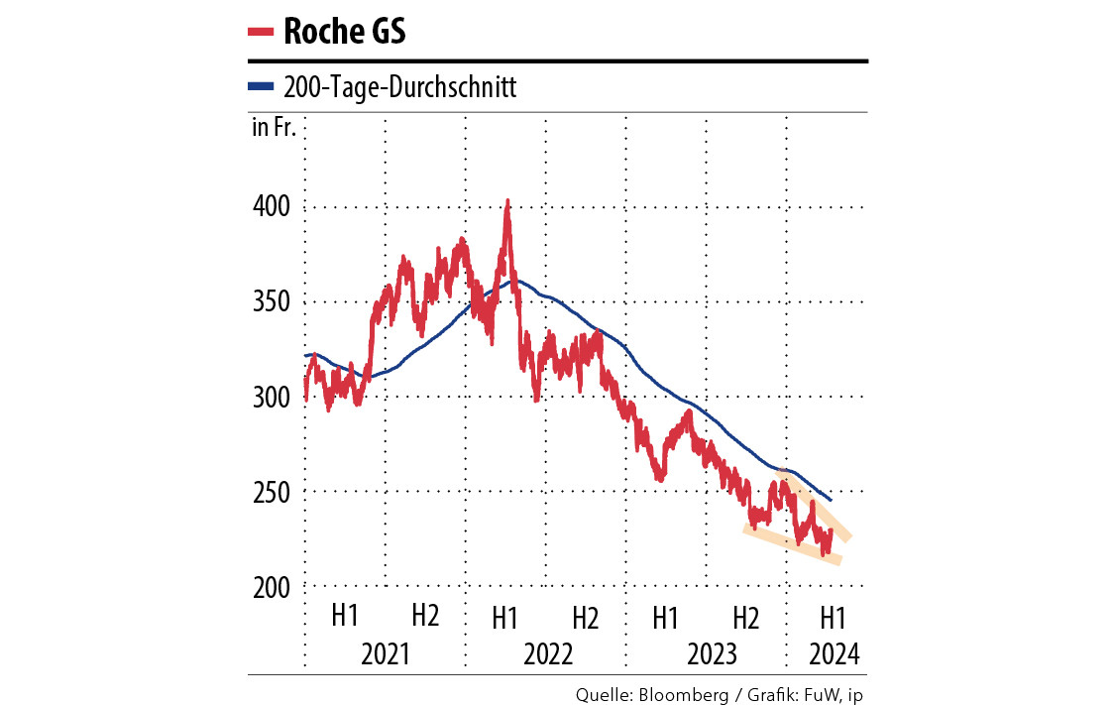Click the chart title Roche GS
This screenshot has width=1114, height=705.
point(344,32)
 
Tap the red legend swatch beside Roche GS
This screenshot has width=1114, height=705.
point(260,32)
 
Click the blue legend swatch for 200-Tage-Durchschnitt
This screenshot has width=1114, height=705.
point(260,87)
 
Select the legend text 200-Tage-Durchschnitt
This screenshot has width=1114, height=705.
point(400,87)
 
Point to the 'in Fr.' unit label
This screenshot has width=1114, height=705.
point(274,128)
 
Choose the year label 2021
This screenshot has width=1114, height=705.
point(386,654)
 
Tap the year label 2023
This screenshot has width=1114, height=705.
point(707,654)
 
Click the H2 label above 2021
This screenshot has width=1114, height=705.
point(425,616)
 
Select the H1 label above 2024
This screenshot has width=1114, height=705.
point(833,616)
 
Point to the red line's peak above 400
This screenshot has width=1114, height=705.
point(507,201)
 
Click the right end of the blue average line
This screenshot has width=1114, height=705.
point(830,499)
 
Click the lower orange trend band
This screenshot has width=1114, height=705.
point(793,544)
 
